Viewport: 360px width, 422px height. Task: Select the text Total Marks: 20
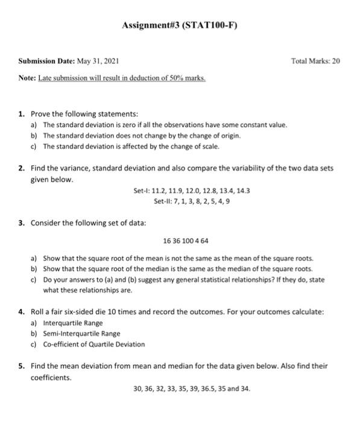315,61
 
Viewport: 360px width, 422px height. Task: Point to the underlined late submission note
122,78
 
